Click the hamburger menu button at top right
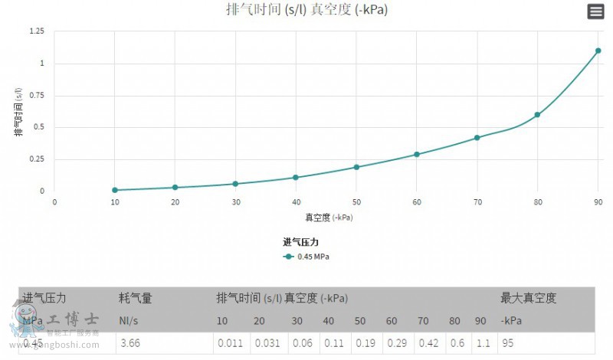point(595,11)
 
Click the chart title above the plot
point(307,10)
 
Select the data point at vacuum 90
point(598,51)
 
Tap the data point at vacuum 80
point(537,115)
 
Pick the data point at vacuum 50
point(356,167)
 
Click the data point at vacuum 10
point(115,190)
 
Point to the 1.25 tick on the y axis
point(36,31)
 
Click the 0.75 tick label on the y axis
point(36,95)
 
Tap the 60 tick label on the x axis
point(417,202)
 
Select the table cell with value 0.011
point(229,343)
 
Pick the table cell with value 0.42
point(428,343)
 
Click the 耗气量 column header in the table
point(136,298)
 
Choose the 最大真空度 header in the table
point(528,298)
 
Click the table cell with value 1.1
point(483,343)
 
